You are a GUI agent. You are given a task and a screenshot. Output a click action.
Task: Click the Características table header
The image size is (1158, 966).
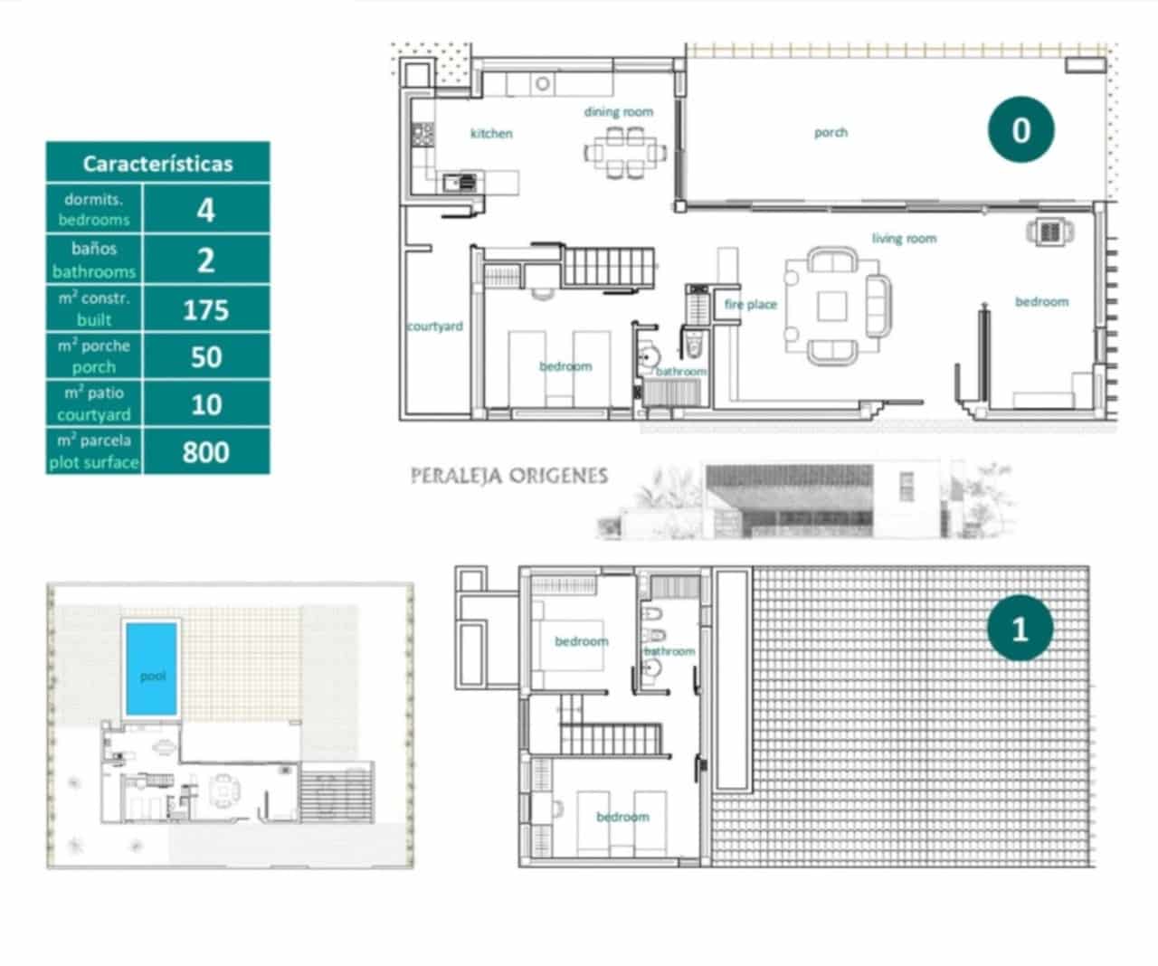[x=157, y=164]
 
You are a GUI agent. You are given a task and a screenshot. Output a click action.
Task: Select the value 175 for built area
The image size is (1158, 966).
[x=206, y=310]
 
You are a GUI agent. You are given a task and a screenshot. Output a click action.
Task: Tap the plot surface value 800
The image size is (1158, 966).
[x=206, y=451]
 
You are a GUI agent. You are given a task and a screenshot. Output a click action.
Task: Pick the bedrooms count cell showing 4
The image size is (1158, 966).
[x=206, y=210]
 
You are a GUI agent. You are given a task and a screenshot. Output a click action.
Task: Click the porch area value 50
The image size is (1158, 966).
[x=206, y=357]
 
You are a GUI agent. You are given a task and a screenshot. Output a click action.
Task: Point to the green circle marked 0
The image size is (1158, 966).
[x=1020, y=130]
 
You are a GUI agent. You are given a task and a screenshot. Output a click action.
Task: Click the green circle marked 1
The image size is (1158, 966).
[x=1020, y=629]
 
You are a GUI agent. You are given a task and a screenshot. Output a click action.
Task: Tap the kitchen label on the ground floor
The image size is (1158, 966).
[x=491, y=134]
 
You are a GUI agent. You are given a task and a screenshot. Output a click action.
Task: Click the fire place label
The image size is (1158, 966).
[x=750, y=305]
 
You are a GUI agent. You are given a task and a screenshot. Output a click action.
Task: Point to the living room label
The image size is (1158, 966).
[x=904, y=239]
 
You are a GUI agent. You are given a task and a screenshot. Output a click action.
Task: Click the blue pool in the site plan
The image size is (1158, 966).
[x=152, y=668]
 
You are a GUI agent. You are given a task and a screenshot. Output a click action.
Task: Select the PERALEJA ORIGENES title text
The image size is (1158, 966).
[x=508, y=476]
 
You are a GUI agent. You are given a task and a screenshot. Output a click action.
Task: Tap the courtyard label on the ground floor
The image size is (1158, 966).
[x=435, y=327]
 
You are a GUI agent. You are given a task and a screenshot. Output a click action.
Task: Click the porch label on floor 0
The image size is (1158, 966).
[x=831, y=132]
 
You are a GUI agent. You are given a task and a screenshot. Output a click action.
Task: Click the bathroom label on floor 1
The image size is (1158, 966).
[x=670, y=651]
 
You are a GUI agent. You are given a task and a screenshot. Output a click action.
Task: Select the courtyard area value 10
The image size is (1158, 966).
[x=206, y=404]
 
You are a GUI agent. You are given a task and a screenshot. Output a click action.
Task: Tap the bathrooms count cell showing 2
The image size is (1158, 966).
[x=206, y=260]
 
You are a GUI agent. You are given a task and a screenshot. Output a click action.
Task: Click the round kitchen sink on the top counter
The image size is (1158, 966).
[x=543, y=84]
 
